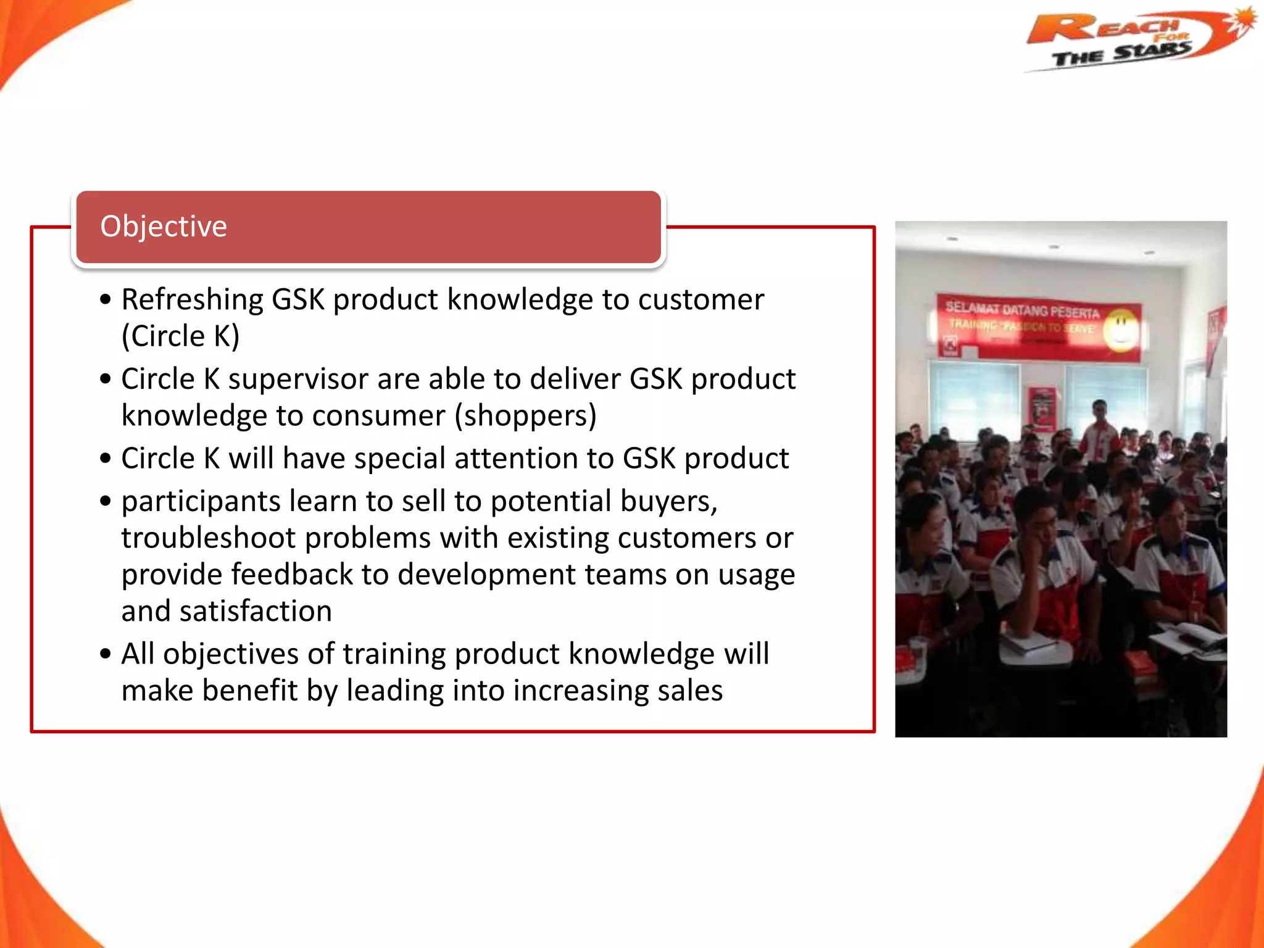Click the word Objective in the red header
[x=164, y=227]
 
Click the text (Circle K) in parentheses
[x=180, y=336]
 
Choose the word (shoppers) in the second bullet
[x=525, y=415]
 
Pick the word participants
[x=201, y=501]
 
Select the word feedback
[x=292, y=575]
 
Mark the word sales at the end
[x=689, y=691]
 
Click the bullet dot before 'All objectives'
[x=106, y=654]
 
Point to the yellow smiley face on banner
[x=1121, y=328]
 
